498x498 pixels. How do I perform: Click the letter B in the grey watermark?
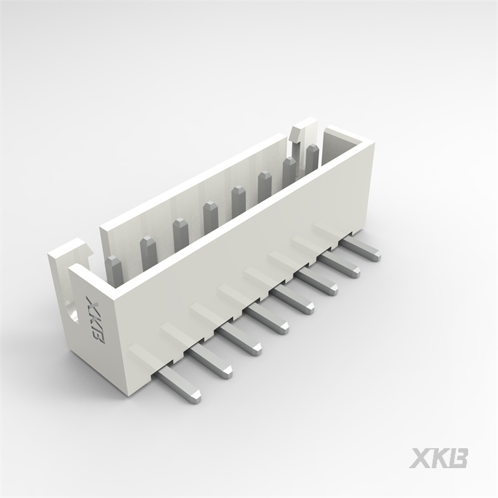[457, 457]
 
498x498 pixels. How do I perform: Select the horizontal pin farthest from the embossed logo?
[360, 250]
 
